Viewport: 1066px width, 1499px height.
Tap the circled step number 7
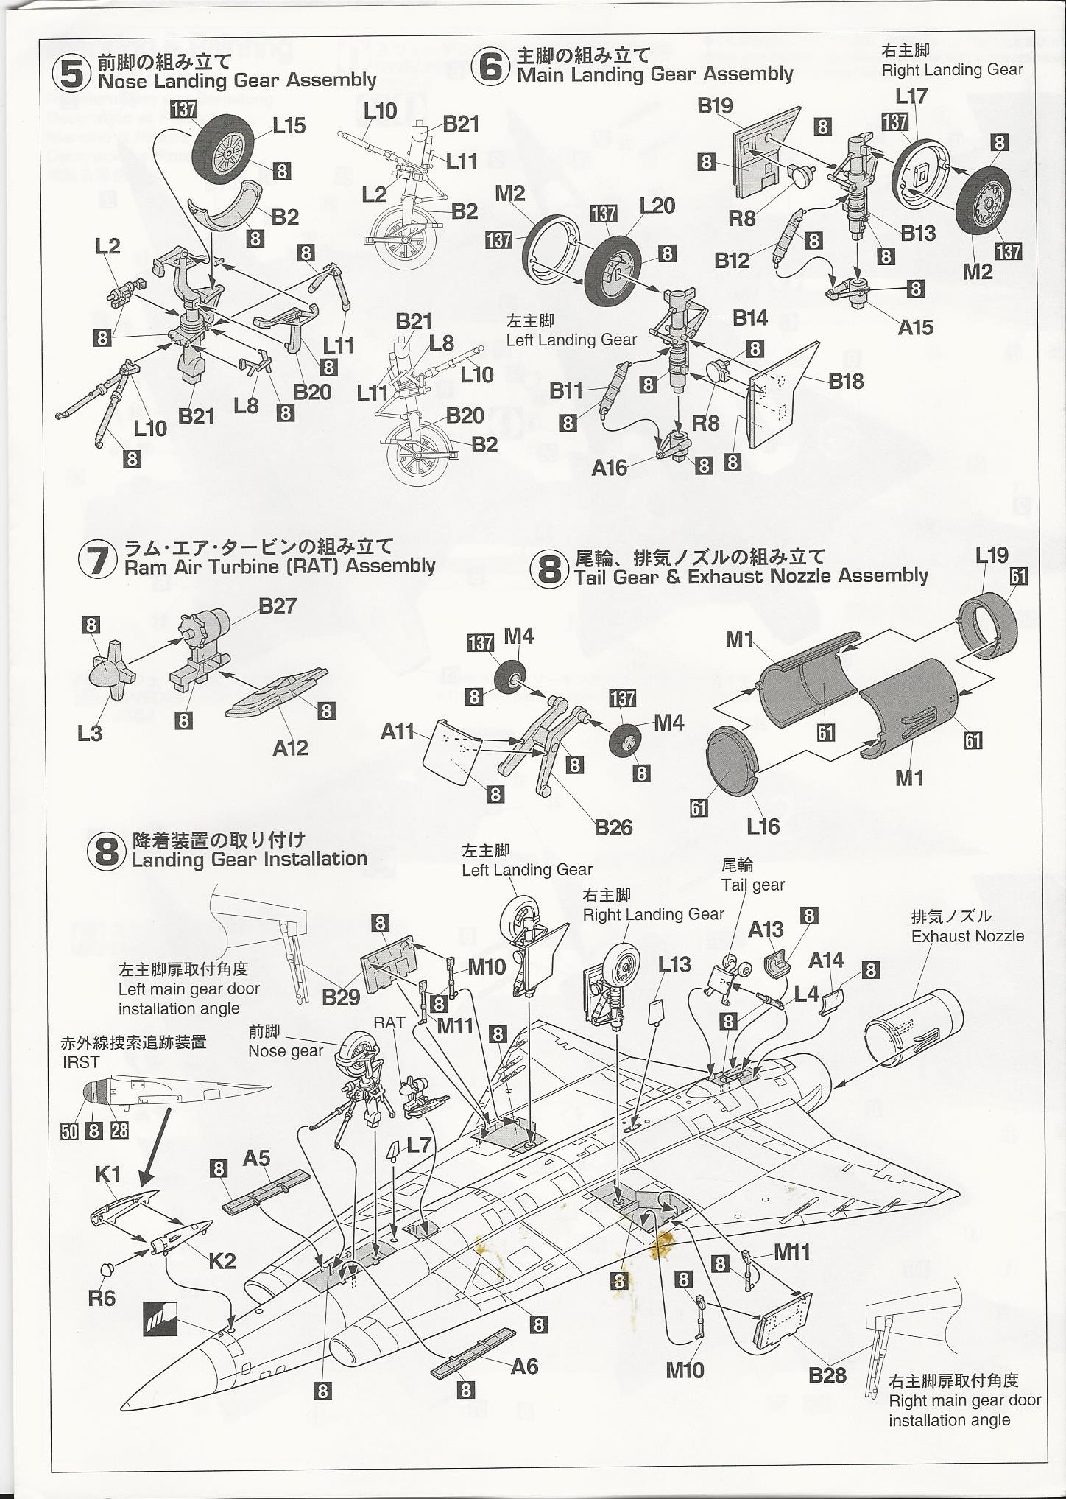click(x=97, y=559)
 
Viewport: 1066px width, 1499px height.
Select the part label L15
click(x=289, y=126)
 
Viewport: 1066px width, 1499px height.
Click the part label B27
click(x=278, y=605)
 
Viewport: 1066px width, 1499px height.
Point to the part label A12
click(x=290, y=748)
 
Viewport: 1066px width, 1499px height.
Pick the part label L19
click(x=991, y=555)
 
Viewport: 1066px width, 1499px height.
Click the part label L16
click(x=763, y=826)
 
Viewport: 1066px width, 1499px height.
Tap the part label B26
click(x=613, y=827)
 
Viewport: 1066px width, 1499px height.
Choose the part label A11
click(x=398, y=731)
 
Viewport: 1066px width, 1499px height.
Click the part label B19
click(x=715, y=106)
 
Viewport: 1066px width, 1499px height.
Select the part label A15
click(x=915, y=327)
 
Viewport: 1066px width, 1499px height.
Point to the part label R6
click(x=102, y=1297)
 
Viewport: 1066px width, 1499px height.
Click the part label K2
click(x=222, y=1260)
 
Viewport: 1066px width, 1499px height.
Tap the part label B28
click(x=827, y=1375)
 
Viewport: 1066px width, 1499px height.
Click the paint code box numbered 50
click(x=69, y=1130)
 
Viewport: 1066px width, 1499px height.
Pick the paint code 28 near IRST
click(x=119, y=1130)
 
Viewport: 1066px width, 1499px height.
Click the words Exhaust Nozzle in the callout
click(x=967, y=935)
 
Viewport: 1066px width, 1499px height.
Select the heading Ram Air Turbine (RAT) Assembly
click(x=280, y=566)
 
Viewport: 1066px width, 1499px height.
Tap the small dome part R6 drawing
click(x=107, y=1268)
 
